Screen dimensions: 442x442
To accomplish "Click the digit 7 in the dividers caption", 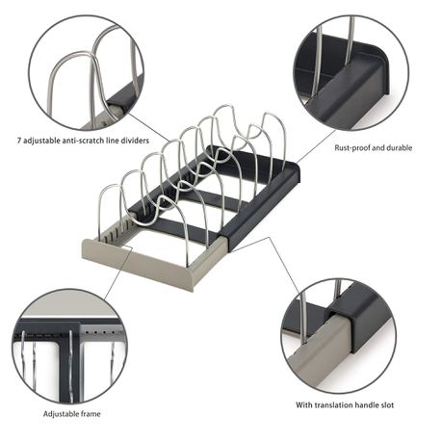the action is click(19, 141).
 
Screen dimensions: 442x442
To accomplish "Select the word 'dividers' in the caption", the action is click(136, 141).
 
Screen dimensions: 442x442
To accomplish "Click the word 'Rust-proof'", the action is click(351, 148).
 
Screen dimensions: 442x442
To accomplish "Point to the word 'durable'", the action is click(400, 147).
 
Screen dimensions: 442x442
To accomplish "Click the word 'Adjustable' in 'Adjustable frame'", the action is click(61, 414).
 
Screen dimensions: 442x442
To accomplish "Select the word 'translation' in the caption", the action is click(332, 405).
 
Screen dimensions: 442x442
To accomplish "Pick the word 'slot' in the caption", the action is click(385, 405).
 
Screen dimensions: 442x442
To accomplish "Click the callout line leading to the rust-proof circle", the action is click(316, 146).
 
